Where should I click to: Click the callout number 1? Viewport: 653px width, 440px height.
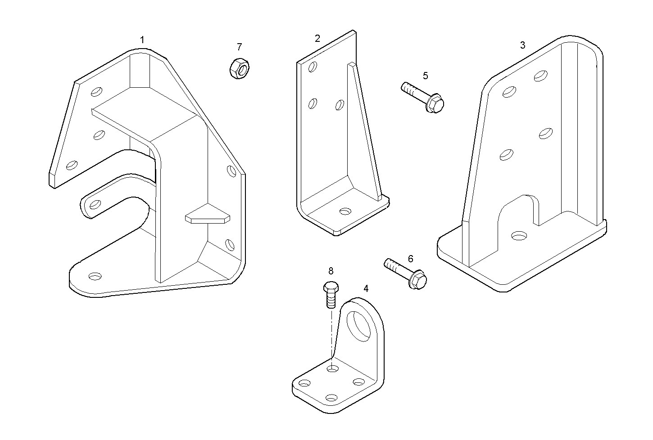142,40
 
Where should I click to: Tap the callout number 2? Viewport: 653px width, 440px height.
317,38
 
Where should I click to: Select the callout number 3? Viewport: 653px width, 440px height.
523,45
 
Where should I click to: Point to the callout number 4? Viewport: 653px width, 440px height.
366,288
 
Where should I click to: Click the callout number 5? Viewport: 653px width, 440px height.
425,76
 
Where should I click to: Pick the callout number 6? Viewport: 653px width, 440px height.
410,259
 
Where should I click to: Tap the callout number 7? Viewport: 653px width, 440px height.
239,47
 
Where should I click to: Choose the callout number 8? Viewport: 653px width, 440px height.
331,271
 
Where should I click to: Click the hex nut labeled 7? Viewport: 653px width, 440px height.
239,69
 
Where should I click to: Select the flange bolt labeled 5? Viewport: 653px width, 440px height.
423,97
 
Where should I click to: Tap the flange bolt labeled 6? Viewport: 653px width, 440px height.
405,274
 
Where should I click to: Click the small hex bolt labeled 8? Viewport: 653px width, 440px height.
331,294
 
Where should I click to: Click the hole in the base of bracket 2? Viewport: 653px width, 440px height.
345,211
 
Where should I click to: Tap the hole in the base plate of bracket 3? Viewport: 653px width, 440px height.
519,236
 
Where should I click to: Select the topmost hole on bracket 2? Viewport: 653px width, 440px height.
313,67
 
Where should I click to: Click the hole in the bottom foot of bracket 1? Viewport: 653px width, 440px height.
95,276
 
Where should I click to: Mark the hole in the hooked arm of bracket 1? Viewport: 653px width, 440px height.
95,204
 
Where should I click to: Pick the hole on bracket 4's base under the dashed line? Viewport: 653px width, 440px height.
332,368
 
